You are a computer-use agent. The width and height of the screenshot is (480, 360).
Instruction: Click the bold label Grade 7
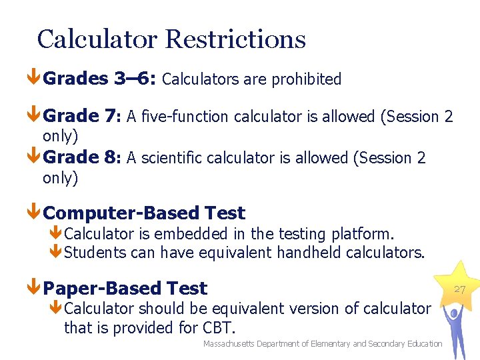pos(80,116)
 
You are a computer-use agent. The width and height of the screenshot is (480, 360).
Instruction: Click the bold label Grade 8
pos(80,157)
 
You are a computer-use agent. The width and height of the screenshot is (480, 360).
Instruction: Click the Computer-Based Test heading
pos(144,213)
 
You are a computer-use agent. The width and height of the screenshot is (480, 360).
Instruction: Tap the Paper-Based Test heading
pos(125,288)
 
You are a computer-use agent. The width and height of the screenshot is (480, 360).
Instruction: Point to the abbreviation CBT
pos(217,328)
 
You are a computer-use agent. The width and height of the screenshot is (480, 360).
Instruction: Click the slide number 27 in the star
pos(459,289)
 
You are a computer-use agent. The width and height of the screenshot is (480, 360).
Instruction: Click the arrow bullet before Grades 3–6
pos(34,79)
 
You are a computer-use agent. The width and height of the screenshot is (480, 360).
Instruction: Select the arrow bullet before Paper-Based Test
pos(34,289)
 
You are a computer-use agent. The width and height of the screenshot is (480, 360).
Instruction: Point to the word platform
pos(365,234)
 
